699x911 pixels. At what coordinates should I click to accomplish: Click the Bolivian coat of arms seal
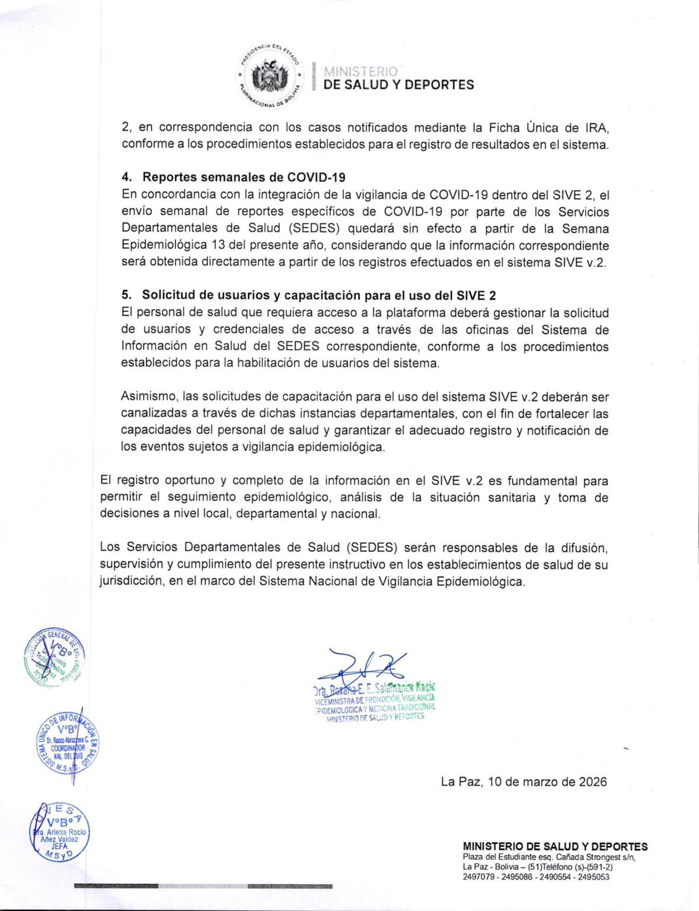[x=270, y=77]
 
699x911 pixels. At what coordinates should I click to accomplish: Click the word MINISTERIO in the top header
[x=361, y=72]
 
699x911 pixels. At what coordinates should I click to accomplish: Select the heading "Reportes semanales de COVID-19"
[x=244, y=177]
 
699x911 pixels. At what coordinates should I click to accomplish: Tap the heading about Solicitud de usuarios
[x=319, y=295]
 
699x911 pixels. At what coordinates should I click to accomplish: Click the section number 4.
[x=126, y=177]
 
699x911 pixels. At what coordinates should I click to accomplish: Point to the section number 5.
[x=126, y=295]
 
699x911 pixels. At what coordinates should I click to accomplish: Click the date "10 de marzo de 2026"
[x=547, y=782]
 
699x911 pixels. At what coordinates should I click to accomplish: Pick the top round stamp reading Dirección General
[x=54, y=657]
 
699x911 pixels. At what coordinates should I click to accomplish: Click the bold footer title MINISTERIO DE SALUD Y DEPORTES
[x=555, y=847]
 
